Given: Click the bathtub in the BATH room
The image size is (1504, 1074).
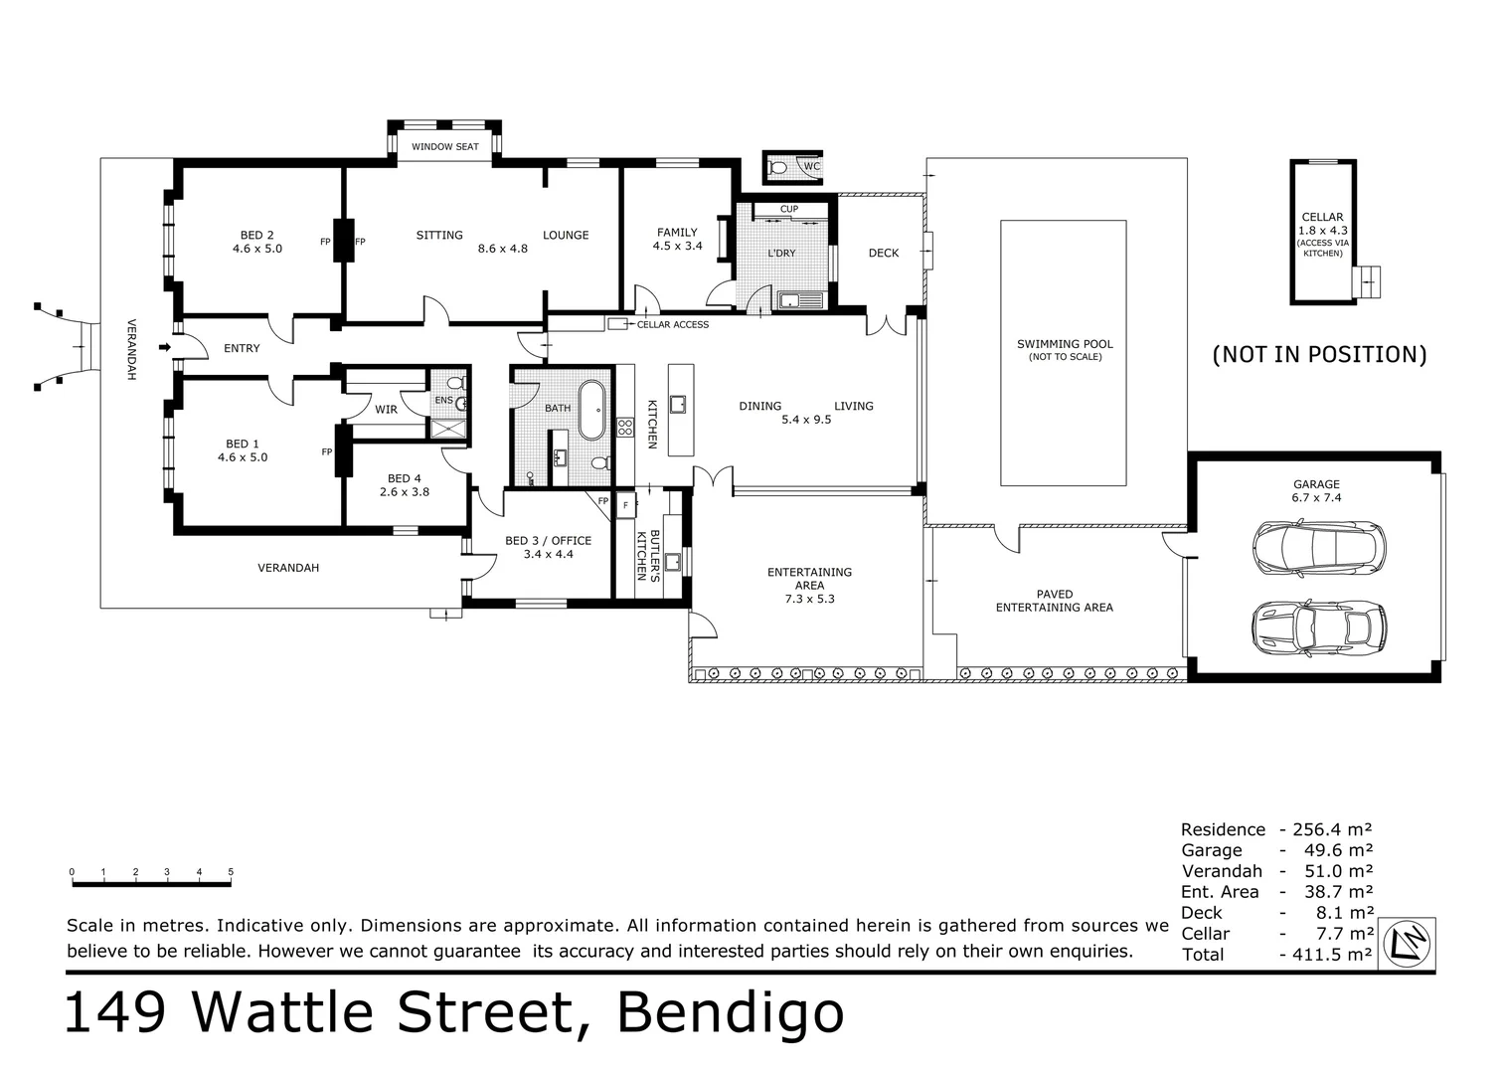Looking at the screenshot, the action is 591,411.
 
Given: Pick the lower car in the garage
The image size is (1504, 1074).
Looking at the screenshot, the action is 1319,628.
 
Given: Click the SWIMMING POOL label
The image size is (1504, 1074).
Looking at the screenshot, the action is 1065,344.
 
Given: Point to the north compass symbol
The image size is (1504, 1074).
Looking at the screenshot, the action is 1407,944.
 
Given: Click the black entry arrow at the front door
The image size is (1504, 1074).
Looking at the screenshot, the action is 165,347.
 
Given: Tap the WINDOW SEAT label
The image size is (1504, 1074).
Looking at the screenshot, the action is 445,146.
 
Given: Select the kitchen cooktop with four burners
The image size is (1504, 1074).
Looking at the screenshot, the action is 625,427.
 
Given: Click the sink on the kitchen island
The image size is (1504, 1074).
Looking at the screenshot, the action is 678,405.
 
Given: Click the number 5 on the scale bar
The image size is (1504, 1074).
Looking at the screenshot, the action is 231,872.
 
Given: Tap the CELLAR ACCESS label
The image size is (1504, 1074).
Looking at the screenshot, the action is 673,324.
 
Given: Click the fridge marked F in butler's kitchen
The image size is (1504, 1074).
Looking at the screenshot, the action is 626,505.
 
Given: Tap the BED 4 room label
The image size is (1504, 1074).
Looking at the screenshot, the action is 405,478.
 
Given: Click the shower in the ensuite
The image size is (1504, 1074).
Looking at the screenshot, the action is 447,428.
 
